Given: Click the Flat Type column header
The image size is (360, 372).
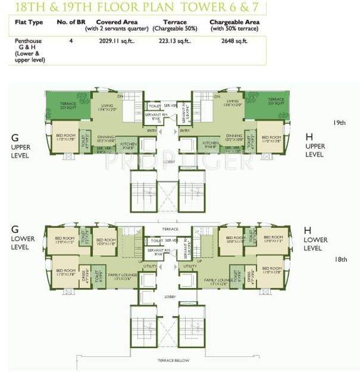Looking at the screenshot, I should pyautogui.click(x=29, y=23).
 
